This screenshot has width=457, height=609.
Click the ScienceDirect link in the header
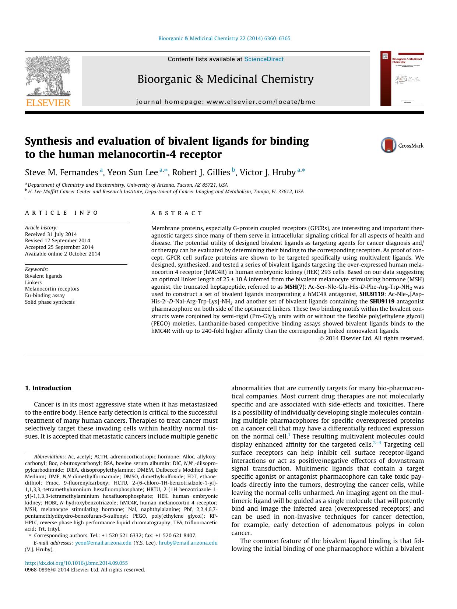pyautogui.click(x=264, y=59)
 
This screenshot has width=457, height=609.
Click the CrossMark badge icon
pyautogui.click(x=389, y=145)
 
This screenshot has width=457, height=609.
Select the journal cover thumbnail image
pyautogui.click(x=402, y=78)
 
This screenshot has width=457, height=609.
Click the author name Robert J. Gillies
pyautogui.click(x=201, y=172)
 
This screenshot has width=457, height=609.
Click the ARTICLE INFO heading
pyautogui.click(x=61, y=213)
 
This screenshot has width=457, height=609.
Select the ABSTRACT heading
pyautogui.click(x=177, y=213)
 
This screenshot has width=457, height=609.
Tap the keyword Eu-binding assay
pyautogui.click(x=45, y=295)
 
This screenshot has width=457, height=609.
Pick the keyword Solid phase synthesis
pyautogui.click(x=50, y=302)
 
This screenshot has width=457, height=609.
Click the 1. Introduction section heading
pyautogui.click(x=48, y=388)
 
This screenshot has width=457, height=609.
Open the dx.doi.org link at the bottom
pyautogui.click(x=76, y=563)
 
